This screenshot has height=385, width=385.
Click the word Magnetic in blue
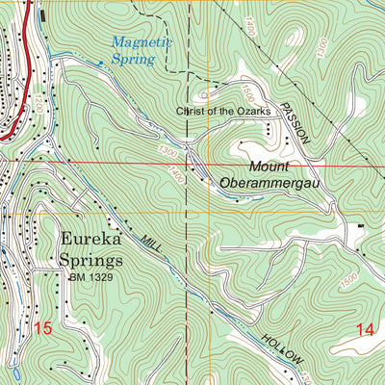click(x=141, y=42)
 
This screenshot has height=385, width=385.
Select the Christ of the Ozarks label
click(x=227, y=112)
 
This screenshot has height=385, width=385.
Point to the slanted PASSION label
click(x=295, y=122)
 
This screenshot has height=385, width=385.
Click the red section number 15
click(x=40, y=328)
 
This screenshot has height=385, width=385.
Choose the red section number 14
click(x=364, y=329)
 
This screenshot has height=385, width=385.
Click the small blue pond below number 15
click(x=16, y=372)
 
